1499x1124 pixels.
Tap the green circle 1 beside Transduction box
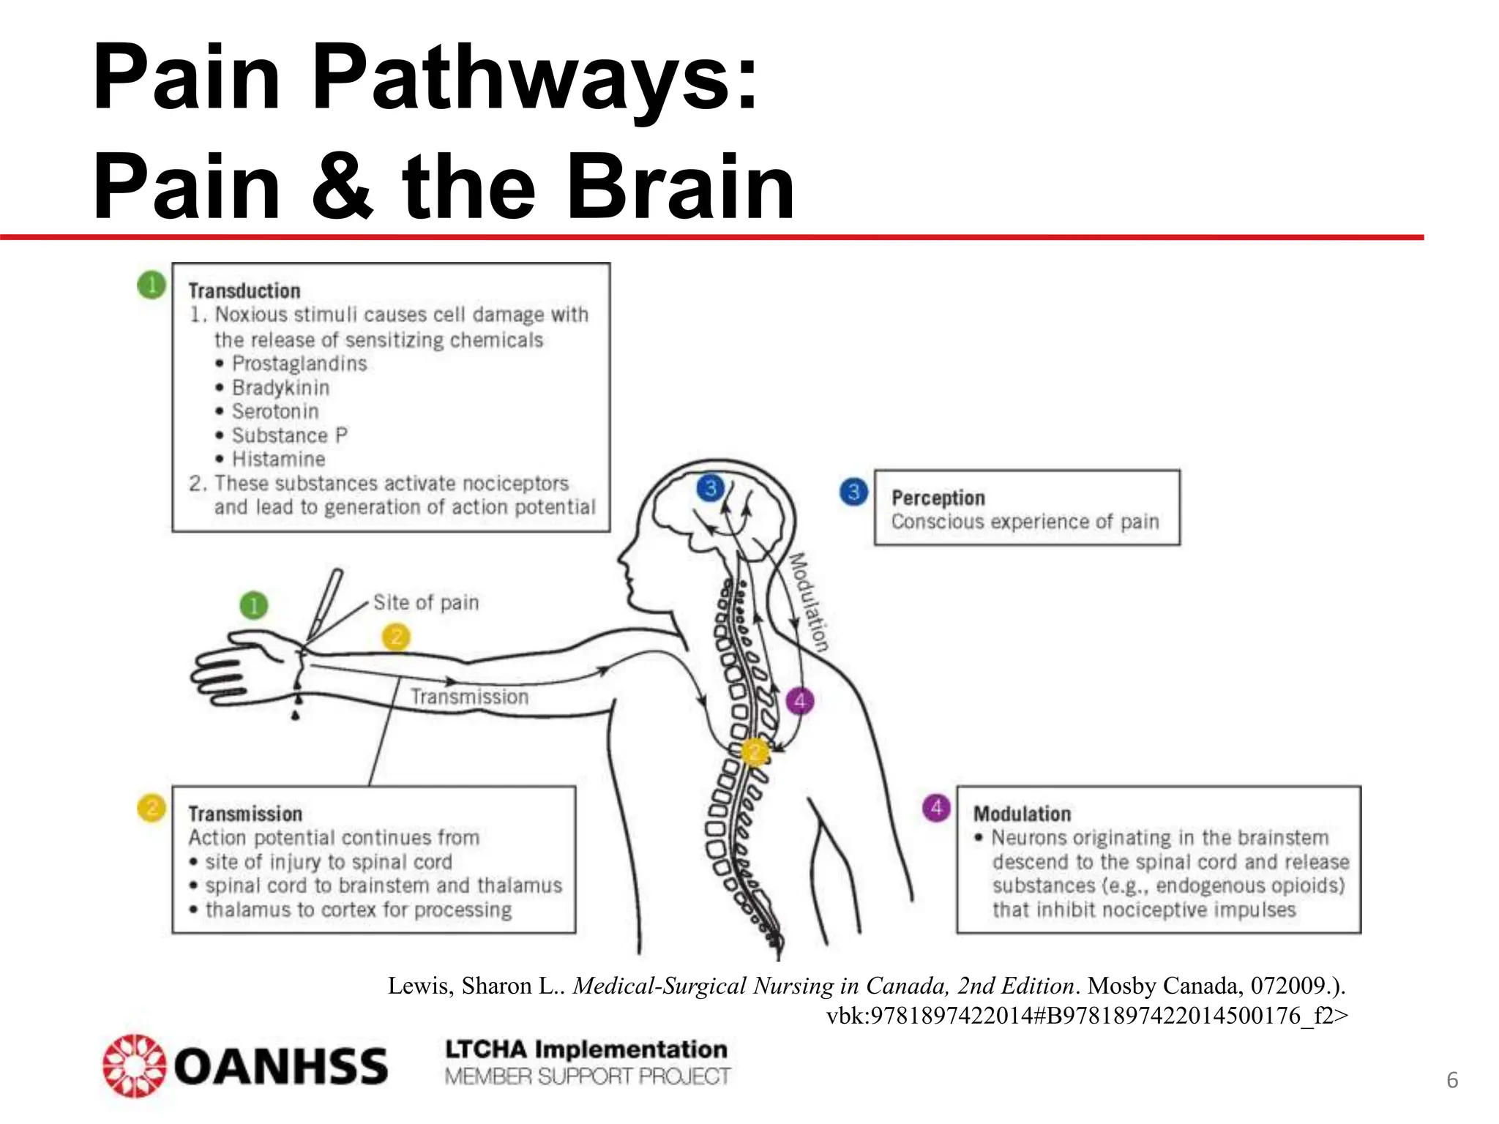tap(152, 285)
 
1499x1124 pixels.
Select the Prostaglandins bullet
tap(299, 364)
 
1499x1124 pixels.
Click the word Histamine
tap(278, 460)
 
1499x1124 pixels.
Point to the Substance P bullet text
tap(289, 435)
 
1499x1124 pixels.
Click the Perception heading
tap(938, 498)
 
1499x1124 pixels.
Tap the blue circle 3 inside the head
tap(710, 487)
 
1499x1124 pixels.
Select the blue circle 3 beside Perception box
tap(853, 492)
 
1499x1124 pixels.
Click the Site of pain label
tap(425, 603)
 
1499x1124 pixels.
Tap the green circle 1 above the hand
tap(254, 605)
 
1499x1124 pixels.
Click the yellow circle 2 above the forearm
tap(396, 637)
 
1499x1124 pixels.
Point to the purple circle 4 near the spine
tap(799, 701)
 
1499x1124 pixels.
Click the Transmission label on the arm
tap(469, 697)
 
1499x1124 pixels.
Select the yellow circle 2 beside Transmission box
tap(152, 809)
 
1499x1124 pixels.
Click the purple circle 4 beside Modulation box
tap(936, 809)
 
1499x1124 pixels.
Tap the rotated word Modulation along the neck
tap(809, 602)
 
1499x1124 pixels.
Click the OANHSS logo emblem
tap(134, 1065)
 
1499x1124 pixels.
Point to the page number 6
tap(1452, 1081)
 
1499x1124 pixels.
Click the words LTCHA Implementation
tap(586, 1049)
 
